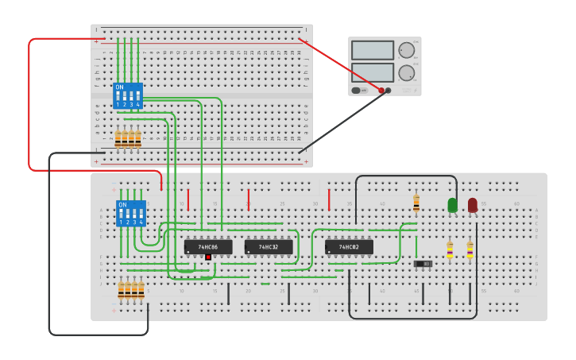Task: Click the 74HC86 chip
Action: click(208, 247)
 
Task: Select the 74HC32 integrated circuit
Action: click(268, 247)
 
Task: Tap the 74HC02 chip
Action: click(349, 247)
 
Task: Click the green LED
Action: click(453, 205)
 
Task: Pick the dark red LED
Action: click(473, 205)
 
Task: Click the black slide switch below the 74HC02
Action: click(423, 263)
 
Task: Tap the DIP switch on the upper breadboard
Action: click(128, 95)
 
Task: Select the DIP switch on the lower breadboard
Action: click(131, 213)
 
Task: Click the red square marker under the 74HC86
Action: click(208, 257)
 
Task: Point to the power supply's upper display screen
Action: click(372, 50)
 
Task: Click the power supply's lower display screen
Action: click(372, 72)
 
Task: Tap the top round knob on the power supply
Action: click(407, 50)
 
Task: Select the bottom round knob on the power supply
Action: click(407, 73)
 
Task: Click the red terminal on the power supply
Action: click(381, 91)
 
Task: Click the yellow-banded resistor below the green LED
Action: click(450, 250)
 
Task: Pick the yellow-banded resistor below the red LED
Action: click(470, 250)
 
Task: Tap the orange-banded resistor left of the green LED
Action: click(416, 204)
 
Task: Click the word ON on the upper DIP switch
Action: click(119, 87)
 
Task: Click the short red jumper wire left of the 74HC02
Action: click(329, 199)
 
